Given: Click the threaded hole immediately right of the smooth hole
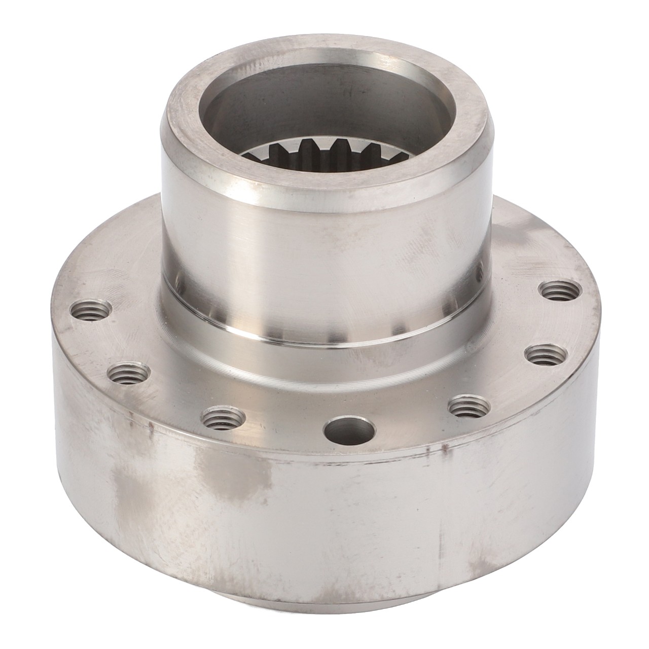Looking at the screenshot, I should pyautogui.click(x=469, y=406).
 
